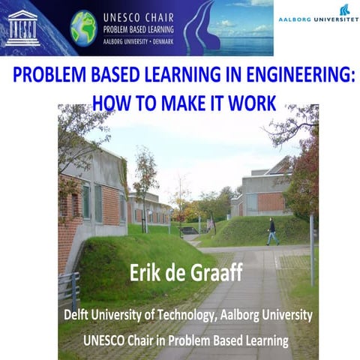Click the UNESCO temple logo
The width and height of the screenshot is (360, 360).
(x=23, y=28)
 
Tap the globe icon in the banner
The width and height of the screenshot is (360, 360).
(x=83, y=28)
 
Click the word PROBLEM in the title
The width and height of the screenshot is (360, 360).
(x=46, y=77)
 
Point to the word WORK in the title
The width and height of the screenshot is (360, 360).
(x=252, y=100)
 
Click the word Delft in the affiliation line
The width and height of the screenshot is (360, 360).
(x=78, y=315)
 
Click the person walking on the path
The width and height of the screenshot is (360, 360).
(x=271, y=232)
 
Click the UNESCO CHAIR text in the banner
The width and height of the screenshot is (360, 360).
(x=129, y=15)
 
